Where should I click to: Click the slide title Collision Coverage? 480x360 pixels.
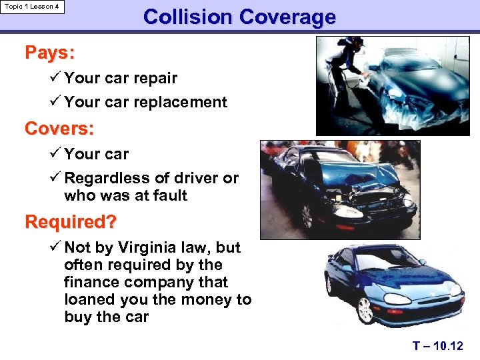pos(239,17)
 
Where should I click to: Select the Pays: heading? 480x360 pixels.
pos(49,52)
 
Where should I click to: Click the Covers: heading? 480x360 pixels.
pos(59,127)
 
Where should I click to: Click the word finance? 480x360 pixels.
pos(92,282)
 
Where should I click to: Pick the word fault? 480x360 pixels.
pos(169,195)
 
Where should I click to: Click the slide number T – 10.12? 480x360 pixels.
pos(437,345)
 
